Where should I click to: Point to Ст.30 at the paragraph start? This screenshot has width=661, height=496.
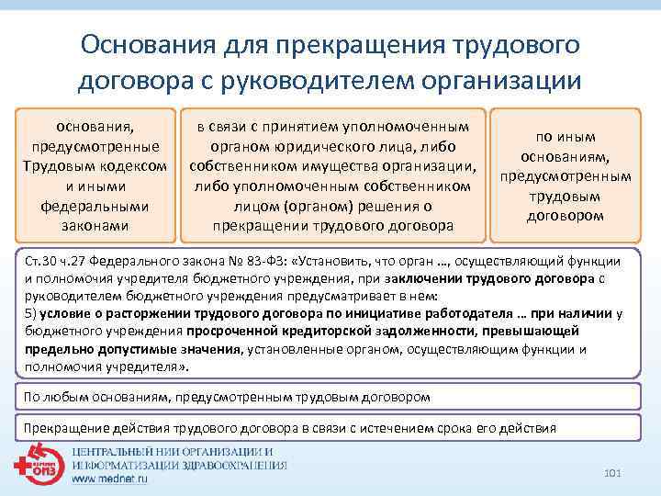(x=39, y=261)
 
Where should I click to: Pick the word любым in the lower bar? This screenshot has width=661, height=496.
(x=67, y=397)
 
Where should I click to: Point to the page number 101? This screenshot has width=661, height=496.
(x=614, y=472)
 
